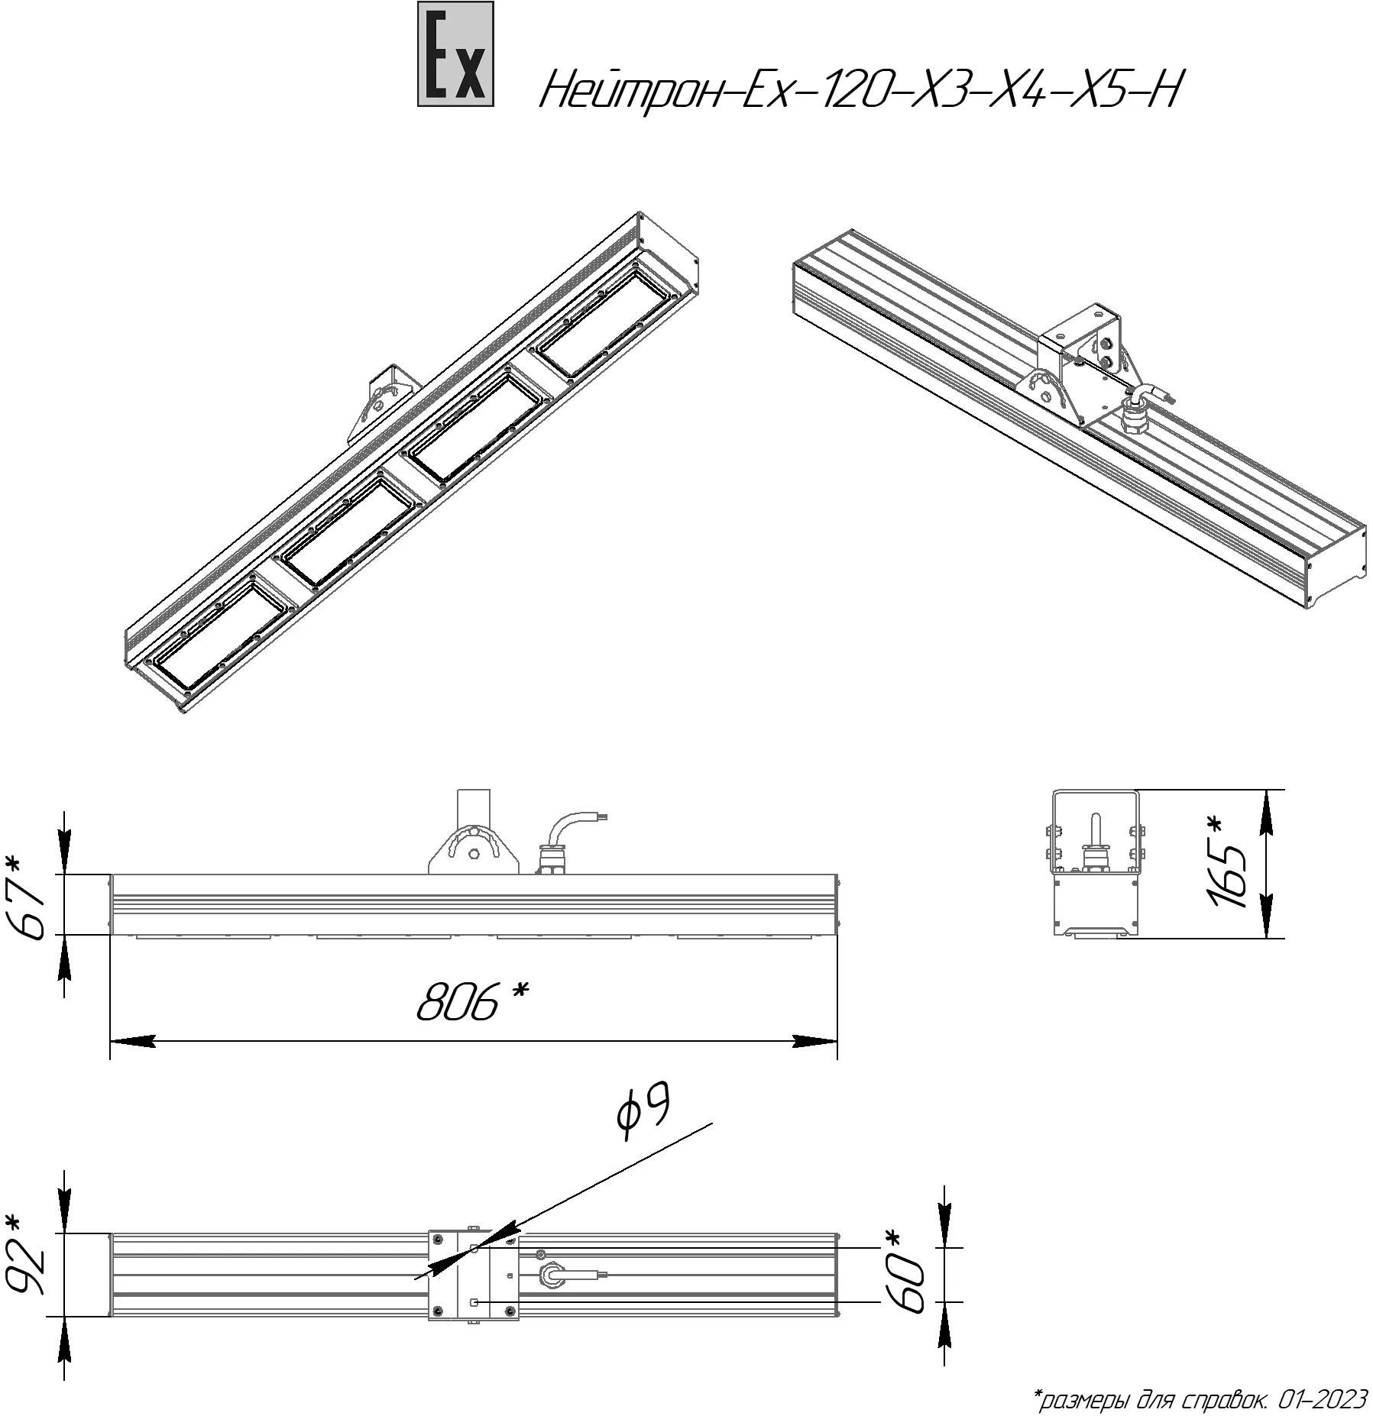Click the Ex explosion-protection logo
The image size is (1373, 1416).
455,53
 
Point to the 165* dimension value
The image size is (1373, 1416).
1229,862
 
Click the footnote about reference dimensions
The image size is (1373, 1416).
1200,1400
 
